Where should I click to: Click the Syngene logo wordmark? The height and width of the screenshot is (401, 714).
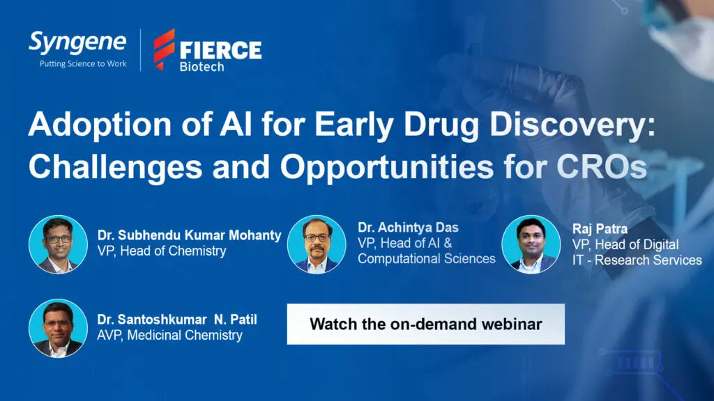tap(77, 43)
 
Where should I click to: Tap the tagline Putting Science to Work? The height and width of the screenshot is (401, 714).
tap(83, 64)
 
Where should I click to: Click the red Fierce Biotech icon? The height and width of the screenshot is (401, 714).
tap(164, 49)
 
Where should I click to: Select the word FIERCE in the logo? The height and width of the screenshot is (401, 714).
tap(221, 50)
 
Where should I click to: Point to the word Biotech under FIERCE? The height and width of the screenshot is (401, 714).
tap(202, 67)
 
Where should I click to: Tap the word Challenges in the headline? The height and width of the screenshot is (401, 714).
tap(115, 167)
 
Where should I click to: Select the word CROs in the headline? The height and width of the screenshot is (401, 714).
tap(602, 167)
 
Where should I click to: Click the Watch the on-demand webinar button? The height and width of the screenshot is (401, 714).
tap(426, 324)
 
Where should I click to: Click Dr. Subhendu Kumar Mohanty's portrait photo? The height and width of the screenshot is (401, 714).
tap(59, 244)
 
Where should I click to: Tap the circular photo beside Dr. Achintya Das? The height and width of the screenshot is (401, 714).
tap(317, 244)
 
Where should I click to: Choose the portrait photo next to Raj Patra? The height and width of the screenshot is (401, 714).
tap(531, 244)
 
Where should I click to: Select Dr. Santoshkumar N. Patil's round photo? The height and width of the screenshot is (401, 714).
tap(59, 329)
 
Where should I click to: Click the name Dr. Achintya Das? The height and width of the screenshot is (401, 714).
tap(408, 228)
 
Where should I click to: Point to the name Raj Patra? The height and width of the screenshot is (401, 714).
tap(600, 228)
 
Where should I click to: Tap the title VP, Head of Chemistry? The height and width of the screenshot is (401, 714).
tap(162, 251)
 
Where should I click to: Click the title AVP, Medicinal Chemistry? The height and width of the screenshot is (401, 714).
tap(169, 335)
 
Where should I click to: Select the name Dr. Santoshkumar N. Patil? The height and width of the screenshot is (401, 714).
tap(177, 320)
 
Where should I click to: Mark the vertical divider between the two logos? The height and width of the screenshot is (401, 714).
tap(140, 50)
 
